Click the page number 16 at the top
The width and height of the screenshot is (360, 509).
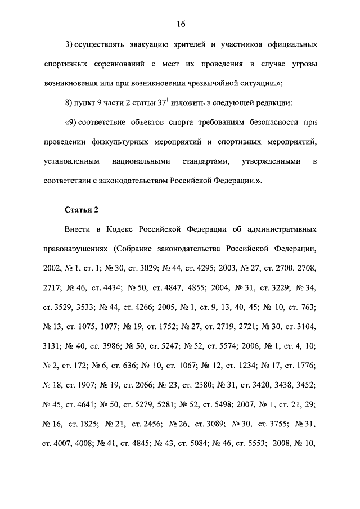click(180, 24)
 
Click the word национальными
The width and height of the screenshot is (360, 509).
click(145, 162)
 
